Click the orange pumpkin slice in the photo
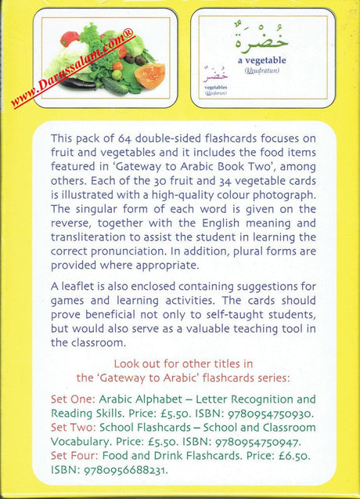pos(149,75)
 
